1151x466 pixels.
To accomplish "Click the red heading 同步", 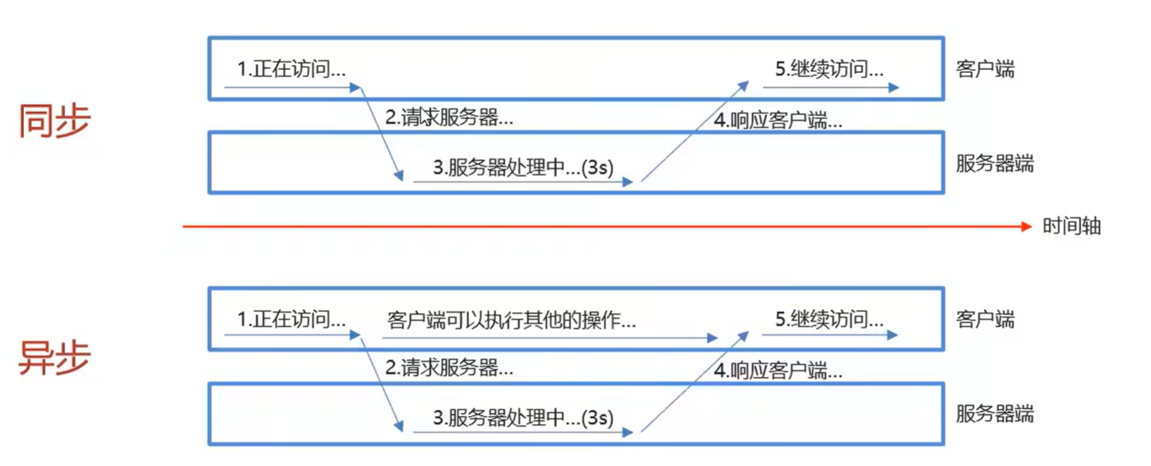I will point(55,121).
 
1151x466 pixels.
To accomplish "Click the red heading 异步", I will point(55,358).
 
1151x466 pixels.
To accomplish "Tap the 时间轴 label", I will point(1072,226).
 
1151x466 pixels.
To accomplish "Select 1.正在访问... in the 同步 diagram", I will point(291,69).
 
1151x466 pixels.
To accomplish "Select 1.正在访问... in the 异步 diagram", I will point(291,319).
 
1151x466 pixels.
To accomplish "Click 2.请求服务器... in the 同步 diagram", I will point(449,118).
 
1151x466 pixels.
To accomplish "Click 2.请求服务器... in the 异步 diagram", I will point(449,368).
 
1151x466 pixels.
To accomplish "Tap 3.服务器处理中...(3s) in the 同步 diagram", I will point(523,167).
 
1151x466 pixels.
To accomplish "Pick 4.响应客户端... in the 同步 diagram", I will point(778,121).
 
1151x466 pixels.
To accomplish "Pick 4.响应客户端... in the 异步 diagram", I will point(778,371).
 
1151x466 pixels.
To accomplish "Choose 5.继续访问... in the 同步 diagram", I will point(829,69).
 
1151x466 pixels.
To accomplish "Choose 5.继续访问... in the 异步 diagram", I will point(829,318).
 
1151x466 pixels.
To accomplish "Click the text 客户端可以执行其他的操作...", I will point(512,319).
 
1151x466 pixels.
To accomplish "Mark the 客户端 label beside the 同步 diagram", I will point(985,69).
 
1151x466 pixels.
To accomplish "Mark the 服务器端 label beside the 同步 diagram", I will point(995,164).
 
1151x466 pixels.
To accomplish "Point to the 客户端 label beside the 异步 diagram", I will point(985,319).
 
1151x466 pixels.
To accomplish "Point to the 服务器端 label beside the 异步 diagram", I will point(995,414).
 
